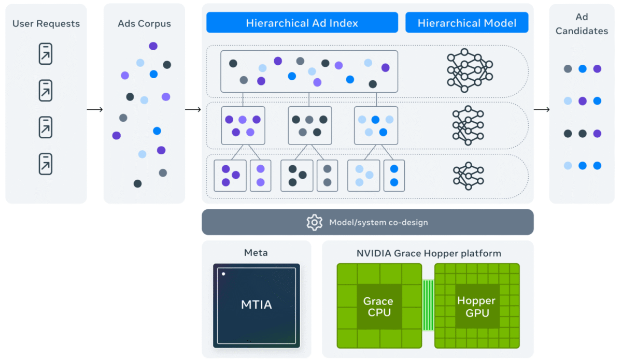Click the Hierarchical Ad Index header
pyautogui.click(x=302, y=23)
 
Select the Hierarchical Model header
pyautogui.click(x=466, y=23)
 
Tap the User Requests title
pyautogui.click(x=46, y=24)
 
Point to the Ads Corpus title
pyautogui.click(x=144, y=24)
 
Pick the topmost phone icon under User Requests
pyautogui.click(x=46, y=54)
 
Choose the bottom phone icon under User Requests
pyautogui.click(x=46, y=164)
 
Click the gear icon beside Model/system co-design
pyautogui.click(x=314, y=222)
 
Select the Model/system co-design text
pyautogui.click(x=378, y=222)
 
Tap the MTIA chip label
pyautogui.click(x=256, y=305)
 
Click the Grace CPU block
pyautogui.click(x=378, y=307)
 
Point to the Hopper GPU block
pyautogui.click(x=476, y=307)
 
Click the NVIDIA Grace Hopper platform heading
pyautogui.click(x=429, y=253)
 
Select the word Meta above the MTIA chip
pyautogui.click(x=256, y=253)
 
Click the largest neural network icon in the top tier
pyautogui.click(x=469, y=70)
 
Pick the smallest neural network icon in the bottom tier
pyautogui.click(x=468, y=176)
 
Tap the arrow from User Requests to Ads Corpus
pyautogui.click(x=94, y=109)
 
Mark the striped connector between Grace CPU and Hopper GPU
pyautogui.click(x=428, y=305)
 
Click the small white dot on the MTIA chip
pyautogui.click(x=223, y=273)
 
